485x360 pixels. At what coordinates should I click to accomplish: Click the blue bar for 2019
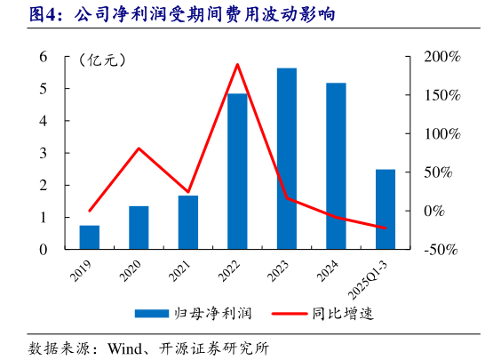[90, 237]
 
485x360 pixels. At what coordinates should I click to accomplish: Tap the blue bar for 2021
[188, 222]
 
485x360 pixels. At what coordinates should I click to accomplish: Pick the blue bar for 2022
[237, 171]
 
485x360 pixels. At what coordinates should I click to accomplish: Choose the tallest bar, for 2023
[287, 158]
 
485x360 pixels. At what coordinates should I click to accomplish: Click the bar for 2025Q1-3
[386, 209]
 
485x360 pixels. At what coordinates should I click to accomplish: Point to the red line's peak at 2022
[237, 64]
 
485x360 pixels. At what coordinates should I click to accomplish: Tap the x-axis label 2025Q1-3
[374, 276]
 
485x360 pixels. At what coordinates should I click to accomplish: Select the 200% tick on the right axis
[441, 57]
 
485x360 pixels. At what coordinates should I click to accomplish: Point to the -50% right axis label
[441, 250]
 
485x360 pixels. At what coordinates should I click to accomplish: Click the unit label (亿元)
[102, 60]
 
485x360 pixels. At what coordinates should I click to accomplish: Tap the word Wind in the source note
[127, 347]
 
